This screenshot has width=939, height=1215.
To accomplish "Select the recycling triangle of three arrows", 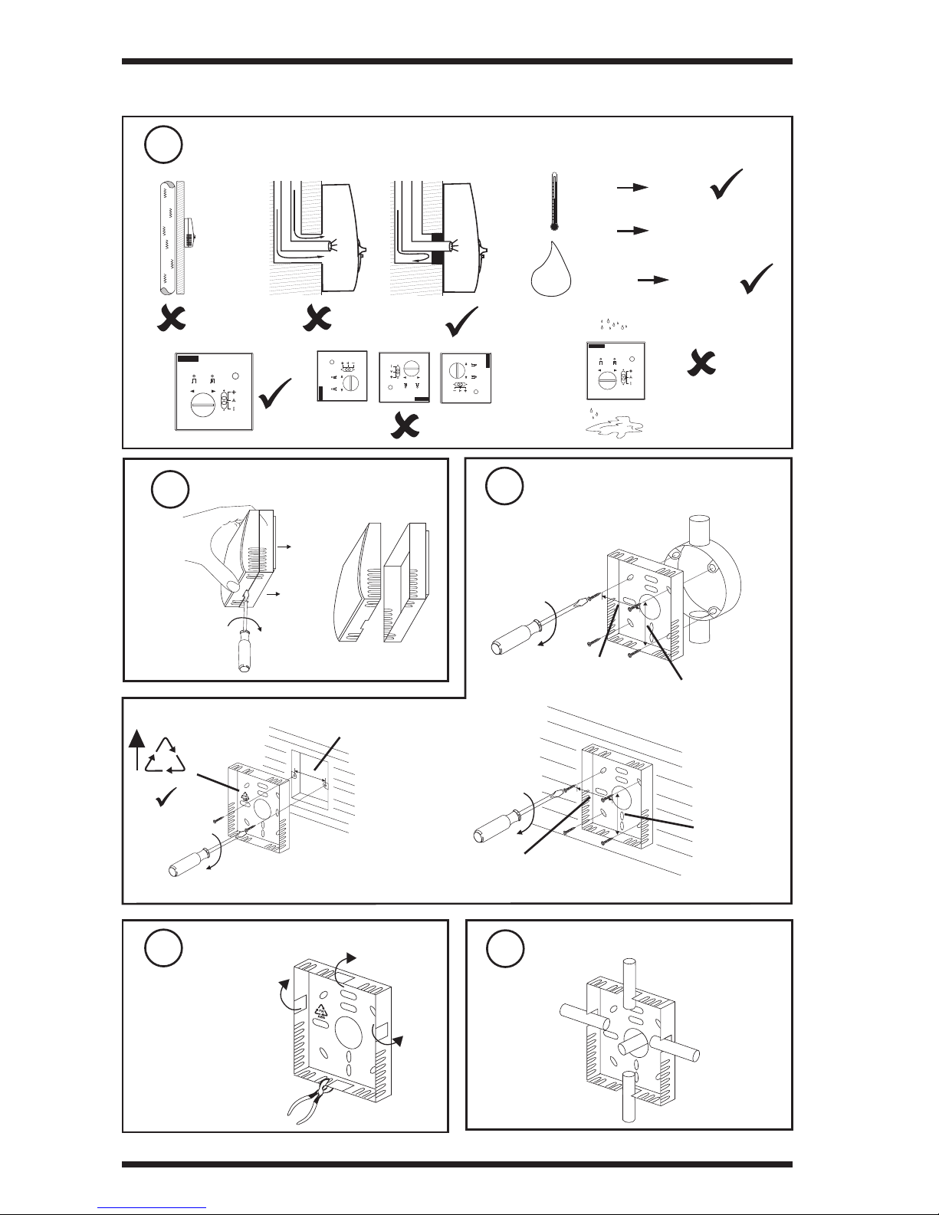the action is tap(167, 755).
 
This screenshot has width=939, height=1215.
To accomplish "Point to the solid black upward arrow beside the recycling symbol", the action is tap(136, 748).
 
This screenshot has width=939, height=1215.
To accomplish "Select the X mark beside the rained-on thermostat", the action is tap(700, 359).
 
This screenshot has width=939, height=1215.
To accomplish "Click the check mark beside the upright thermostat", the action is tap(276, 393).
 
